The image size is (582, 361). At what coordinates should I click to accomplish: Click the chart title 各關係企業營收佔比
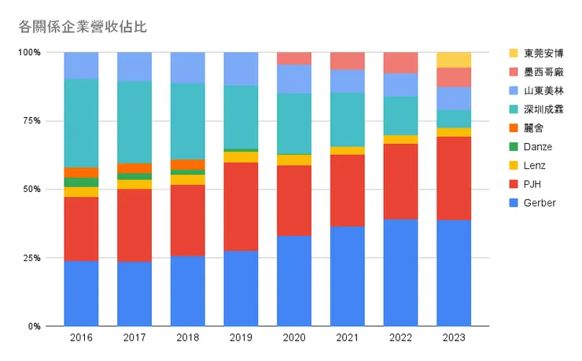pyautogui.click(x=83, y=26)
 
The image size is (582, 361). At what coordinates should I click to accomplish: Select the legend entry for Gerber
pyautogui.click(x=540, y=203)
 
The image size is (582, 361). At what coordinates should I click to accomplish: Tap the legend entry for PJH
pyautogui.click(x=532, y=184)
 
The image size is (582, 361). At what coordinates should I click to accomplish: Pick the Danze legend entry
pyautogui.click(x=538, y=147)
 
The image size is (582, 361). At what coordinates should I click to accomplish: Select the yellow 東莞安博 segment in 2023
pyautogui.click(x=454, y=60)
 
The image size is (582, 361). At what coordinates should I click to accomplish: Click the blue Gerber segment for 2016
pyautogui.click(x=81, y=293)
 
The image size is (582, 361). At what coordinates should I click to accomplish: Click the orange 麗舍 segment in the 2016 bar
pyautogui.click(x=81, y=172)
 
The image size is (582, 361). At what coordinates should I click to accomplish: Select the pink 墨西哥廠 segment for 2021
pyautogui.click(x=347, y=61)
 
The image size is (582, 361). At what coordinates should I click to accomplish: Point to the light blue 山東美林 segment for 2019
pyautogui.click(x=241, y=68)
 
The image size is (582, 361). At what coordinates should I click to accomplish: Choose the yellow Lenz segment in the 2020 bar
pyautogui.click(x=294, y=160)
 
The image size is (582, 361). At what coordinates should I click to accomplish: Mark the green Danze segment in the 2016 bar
pyautogui.click(x=81, y=182)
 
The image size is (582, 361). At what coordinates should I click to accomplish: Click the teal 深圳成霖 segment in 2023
pyautogui.click(x=454, y=119)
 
